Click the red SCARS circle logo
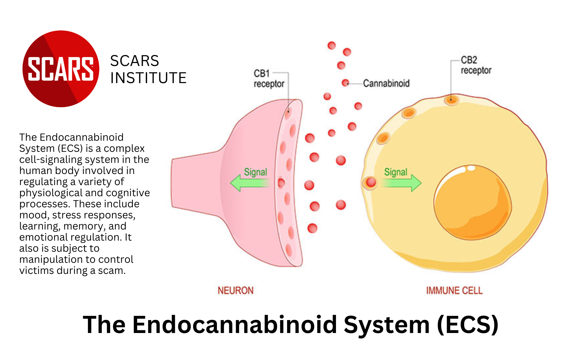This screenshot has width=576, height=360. pyautogui.click(x=61, y=69)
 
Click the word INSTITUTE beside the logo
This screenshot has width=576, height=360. pyautogui.click(x=148, y=78)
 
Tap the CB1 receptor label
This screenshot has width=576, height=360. pyautogui.click(x=268, y=79)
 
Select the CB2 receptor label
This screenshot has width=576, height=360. pyautogui.click(x=475, y=65)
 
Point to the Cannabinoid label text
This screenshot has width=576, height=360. pyautogui.click(x=386, y=83)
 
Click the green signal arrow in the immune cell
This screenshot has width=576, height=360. pyautogui.click(x=402, y=183)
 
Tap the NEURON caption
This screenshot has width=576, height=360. pyautogui.click(x=235, y=290)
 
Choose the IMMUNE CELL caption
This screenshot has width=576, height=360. pyautogui.click(x=454, y=290)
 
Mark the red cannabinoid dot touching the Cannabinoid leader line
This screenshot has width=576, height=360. pyautogui.click(x=345, y=83)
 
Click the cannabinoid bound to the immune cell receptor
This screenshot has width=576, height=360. pyautogui.click(x=371, y=182)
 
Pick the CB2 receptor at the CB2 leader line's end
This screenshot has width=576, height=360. pyautogui.click(x=451, y=100)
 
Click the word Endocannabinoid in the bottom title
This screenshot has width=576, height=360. pyautogui.click(x=235, y=325)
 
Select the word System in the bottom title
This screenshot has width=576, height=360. pyautogui.click(x=387, y=325)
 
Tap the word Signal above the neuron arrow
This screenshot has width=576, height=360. pyautogui.click(x=255, y=172)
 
